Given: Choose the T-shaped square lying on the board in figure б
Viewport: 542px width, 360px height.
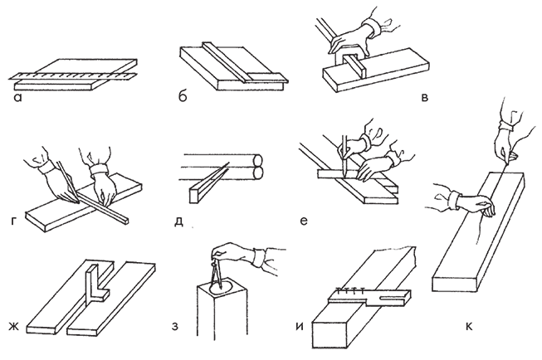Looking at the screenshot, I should [x=237, y=63].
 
